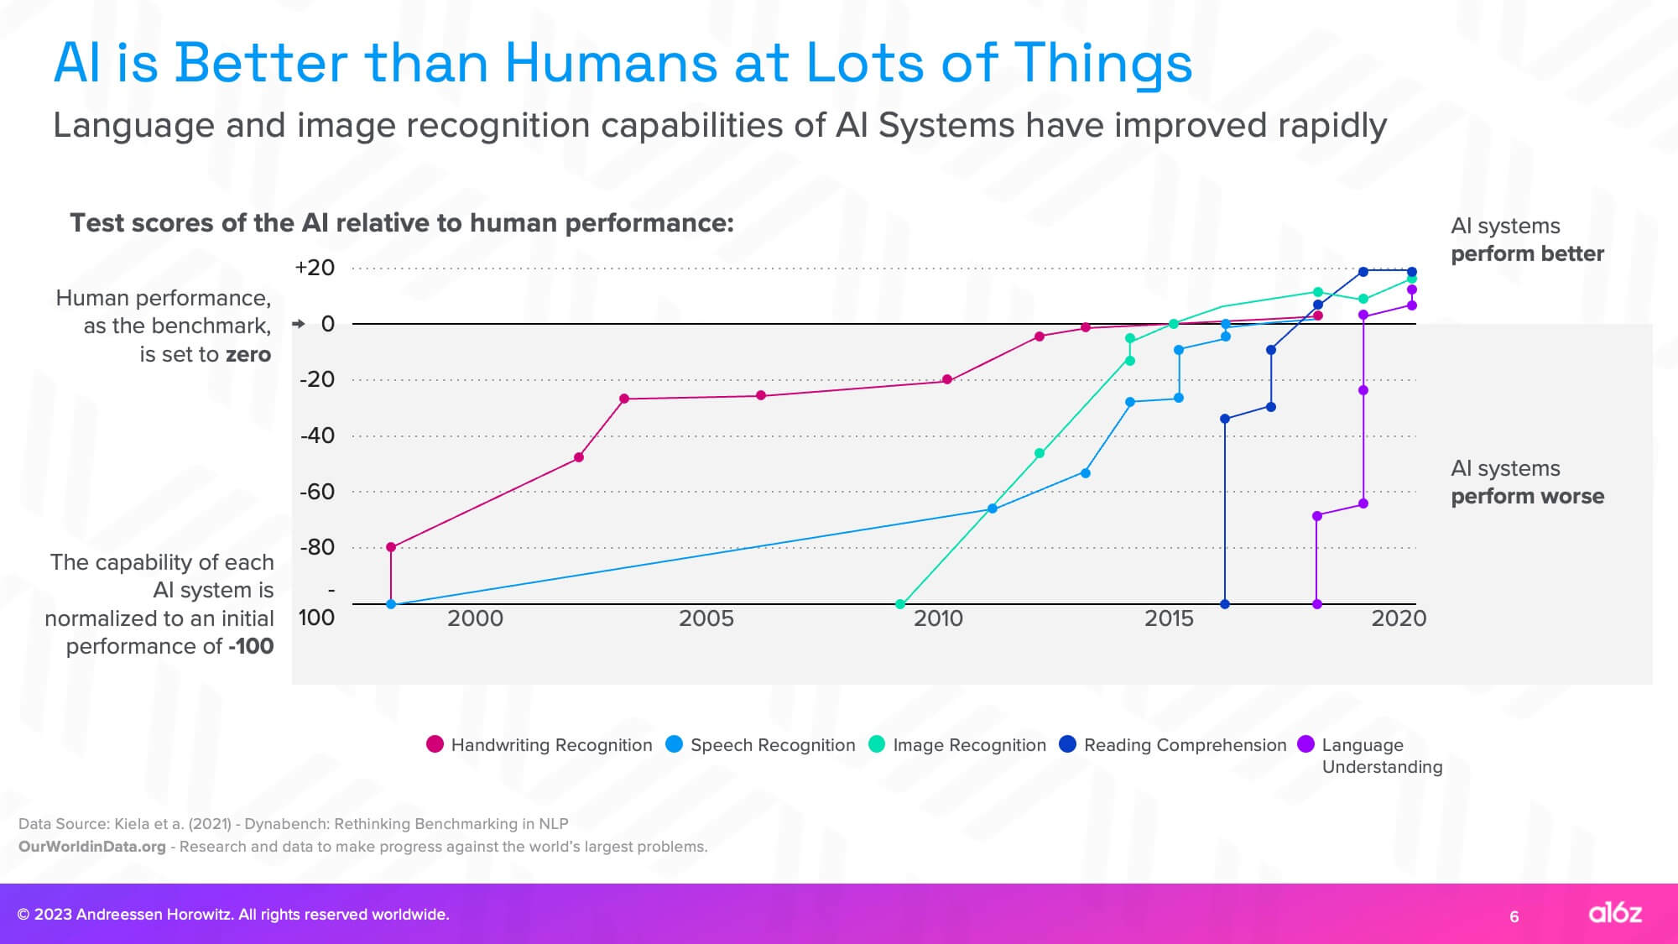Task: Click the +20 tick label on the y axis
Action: [315, 268]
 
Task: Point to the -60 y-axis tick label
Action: [317, 492]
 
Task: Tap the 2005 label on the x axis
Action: [706, 618]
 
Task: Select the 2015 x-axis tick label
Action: [1169, 618]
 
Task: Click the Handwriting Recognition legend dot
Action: [435, 744]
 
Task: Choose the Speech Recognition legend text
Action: [772, 745]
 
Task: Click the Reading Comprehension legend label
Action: [1185, 745]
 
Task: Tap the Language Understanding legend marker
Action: [1305, 744]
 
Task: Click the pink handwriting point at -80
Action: [391, 547]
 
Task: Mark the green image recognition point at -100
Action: [900, 604]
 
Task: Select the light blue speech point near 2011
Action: [993, 509]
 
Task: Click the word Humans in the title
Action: [611, 64]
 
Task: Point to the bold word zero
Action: [248, 354]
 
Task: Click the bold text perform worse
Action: [1527, 496]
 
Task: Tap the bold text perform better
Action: [1527, 253]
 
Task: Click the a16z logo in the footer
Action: [1614, 913]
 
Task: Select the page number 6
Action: [1514, 916]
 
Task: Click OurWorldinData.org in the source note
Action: [92, 847]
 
